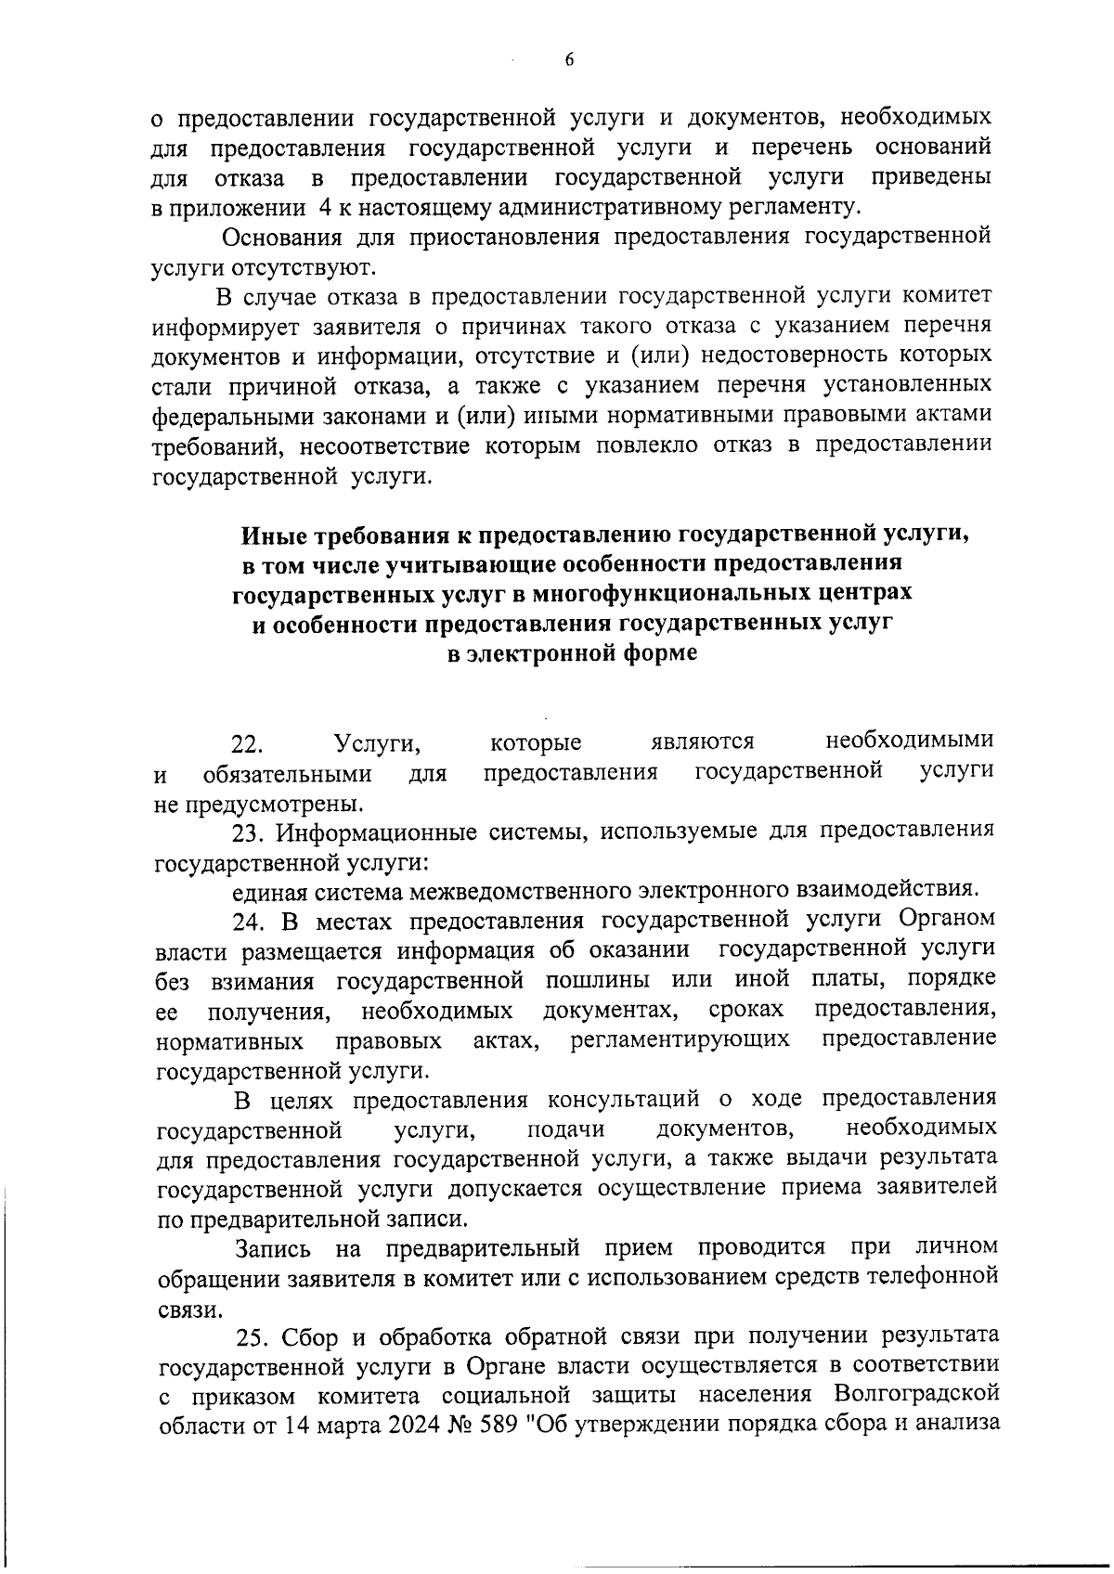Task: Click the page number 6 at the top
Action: (569, 59)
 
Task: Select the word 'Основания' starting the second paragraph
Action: (281, 237)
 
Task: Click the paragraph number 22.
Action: (248, 744)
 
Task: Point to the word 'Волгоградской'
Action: (915, 1396)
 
